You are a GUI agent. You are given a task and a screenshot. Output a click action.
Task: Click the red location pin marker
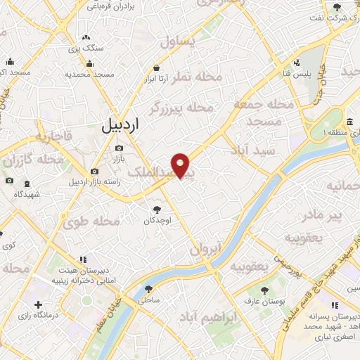coord(181,165)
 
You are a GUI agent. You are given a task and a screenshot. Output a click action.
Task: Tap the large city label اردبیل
coord(121,126)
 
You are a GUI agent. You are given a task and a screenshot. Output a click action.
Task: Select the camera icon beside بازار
coord(119,148)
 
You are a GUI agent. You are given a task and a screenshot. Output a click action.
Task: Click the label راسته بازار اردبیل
coord(95,182)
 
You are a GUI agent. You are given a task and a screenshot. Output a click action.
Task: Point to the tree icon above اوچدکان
coord(157,209)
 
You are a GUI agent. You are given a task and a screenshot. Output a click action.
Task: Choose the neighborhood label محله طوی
coord(92,222)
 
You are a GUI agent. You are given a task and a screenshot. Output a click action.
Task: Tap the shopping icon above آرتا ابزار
coord(156,68)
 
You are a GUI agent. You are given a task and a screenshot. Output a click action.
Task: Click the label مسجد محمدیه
coord(90,74)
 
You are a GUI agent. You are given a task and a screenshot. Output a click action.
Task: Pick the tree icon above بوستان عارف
coord(264,290)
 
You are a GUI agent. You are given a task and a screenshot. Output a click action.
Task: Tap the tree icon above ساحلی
coord(148,289)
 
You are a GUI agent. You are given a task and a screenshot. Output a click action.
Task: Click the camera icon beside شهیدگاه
coord(10,180)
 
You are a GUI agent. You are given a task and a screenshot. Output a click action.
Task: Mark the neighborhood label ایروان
coord(205,248)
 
